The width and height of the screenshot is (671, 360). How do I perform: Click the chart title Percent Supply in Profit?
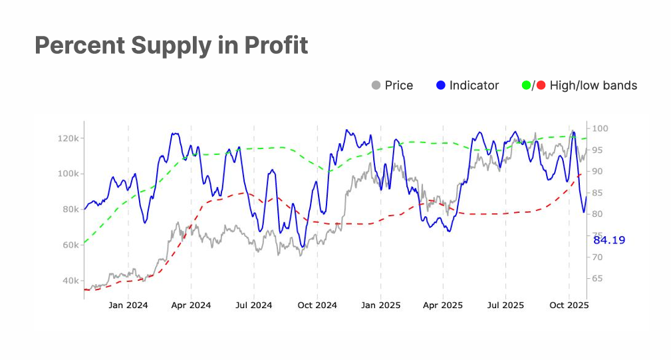tap(171, 45)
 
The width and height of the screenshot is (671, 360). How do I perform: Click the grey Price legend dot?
tap(376, 85)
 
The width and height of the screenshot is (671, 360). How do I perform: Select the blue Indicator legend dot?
tap(441, 85)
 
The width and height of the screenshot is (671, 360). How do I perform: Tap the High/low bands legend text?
tap(593, 85)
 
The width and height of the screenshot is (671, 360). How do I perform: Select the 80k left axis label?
tap(69, 209)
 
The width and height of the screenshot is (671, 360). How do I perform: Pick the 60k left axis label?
tap(69, 245)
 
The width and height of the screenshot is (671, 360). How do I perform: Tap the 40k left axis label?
tap(69, 281)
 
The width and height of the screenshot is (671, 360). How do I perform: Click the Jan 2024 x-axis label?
tap(128, 305)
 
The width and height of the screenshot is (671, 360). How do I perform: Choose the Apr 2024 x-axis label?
tap(191, 305)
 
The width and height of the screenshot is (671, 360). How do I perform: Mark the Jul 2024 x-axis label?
tap(253, 305)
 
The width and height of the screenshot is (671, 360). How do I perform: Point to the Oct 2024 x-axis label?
tap(317, 305)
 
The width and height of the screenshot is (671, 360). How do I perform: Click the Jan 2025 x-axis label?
tap(380, 305)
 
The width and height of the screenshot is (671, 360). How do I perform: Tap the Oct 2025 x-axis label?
tap(569, 305)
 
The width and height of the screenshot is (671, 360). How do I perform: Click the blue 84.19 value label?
tap(609, 240)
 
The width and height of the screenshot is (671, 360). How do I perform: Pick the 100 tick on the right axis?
tap(599, 128)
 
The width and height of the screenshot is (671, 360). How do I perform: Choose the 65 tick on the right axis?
tap(597, 278)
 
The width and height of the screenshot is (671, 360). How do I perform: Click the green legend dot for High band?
tap(526, 85)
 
